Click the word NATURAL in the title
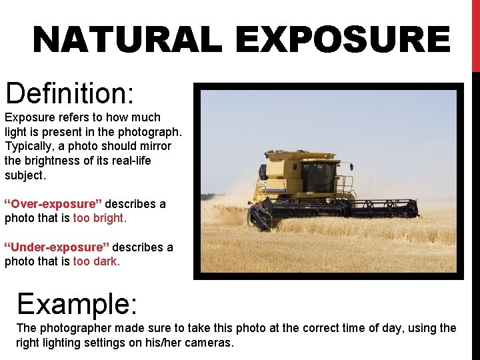tap(127, 40)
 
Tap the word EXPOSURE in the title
tap(343, 40)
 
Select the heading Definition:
tap(70, 93)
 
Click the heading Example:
tap(77, 304)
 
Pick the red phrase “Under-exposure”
tap(57, 247)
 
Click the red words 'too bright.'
tap(100, 218)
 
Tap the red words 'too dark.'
tap(97, 261)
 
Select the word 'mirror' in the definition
tap(154, 146)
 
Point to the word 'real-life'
tap(127, 161)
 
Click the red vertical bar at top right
tap(475, 33)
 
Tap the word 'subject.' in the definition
tap(25, 175)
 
